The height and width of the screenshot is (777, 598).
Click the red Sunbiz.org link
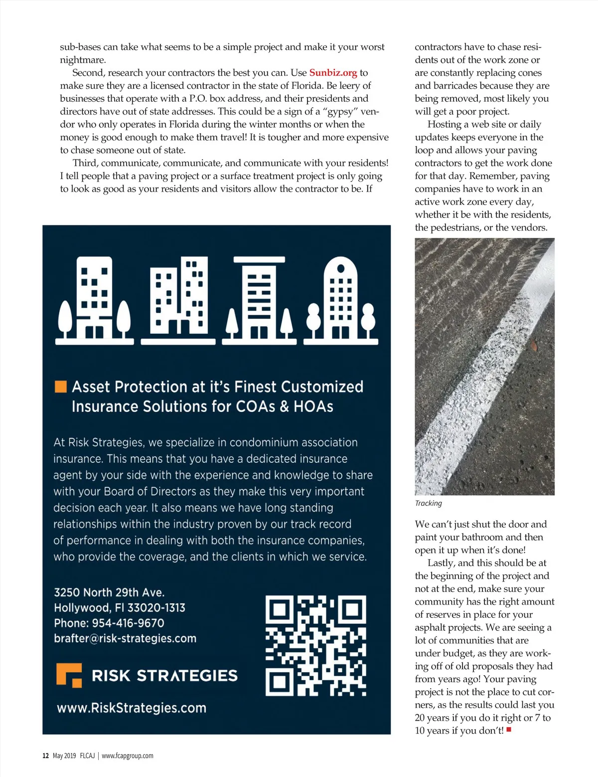333,73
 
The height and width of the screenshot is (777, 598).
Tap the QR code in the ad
316,646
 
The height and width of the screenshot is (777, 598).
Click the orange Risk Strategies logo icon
69,675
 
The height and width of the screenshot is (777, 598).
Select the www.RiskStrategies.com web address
132,708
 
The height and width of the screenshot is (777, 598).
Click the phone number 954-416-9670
128,623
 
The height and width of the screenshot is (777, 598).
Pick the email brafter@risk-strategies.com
125,638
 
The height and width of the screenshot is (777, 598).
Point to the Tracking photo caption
428,503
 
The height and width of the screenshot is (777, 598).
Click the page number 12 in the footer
45,756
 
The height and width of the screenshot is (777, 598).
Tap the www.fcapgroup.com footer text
128,756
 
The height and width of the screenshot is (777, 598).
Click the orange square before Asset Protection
60,387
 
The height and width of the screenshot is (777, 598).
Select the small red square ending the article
509,730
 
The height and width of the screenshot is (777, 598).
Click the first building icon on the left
94,299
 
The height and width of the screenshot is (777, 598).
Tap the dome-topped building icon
341,299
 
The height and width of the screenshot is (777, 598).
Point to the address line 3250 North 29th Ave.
109,592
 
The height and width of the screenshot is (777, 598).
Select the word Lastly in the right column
441,563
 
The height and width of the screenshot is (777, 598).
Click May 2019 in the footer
64,756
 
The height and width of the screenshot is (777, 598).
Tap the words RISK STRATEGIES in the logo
164,676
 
